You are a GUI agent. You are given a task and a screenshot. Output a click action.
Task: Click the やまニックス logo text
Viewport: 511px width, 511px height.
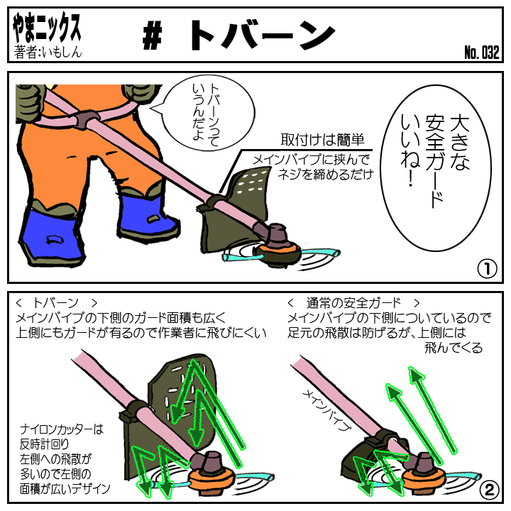(x=47, y=28)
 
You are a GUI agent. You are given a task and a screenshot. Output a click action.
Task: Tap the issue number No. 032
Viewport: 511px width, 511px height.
(x=482, y=52)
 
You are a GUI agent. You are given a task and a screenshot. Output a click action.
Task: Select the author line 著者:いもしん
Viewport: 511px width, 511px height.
(x=48, y=52)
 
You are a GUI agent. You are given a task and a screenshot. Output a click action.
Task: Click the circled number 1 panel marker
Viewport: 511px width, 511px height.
(x=487, y=268)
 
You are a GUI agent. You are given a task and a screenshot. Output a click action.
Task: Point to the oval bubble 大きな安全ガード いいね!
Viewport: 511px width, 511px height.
(x=435, y=168)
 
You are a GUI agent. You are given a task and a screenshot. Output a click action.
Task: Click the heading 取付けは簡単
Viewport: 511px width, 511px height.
(x=322, y=140)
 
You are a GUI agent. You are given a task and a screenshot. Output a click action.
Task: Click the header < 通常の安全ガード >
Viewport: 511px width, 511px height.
(x=353, y=303)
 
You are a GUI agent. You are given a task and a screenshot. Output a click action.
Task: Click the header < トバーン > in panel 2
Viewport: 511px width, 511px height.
(x=56, y=303)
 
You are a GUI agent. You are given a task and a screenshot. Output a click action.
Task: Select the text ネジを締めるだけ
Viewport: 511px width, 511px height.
(x=325, y=175)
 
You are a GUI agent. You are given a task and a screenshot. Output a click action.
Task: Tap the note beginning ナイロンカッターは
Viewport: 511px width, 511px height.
(x=65, y=459)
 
